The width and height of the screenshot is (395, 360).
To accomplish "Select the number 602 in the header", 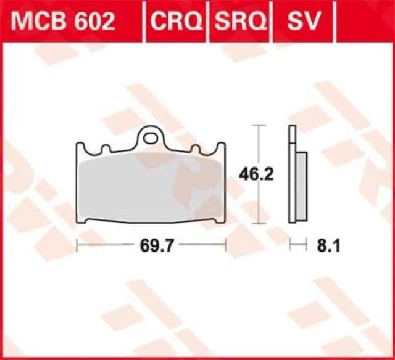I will (92, 22).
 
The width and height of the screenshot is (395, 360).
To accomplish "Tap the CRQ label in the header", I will (176, 22).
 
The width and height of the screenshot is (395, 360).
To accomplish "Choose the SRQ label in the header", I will (240, 22).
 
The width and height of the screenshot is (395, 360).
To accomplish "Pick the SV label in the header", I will (303, 22).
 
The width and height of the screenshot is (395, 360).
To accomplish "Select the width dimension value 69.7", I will (151, 245).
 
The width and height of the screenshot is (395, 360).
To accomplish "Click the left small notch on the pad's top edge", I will (105, 149).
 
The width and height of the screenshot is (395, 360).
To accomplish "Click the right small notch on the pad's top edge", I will (194, 149).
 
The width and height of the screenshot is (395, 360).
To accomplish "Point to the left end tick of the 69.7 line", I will (76, 245).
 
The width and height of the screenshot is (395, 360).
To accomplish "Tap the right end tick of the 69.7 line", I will (226, 245).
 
